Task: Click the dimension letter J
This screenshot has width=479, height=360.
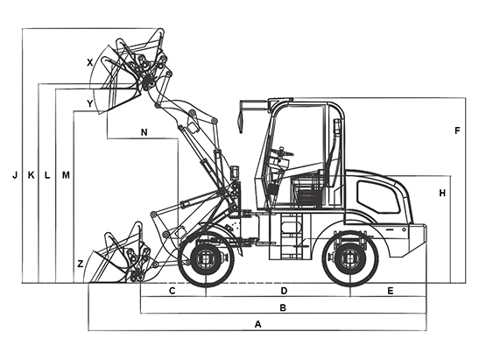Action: click(15, 175)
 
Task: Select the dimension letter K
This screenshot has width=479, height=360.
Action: click(31, 175)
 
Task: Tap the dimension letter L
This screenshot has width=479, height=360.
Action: click(47, 175)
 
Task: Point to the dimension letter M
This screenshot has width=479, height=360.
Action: click(66, 175)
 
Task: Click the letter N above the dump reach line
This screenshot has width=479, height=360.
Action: click(144, 132)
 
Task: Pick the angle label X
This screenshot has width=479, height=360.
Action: click(89, 63)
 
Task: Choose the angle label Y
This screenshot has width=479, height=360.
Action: click(89, 103)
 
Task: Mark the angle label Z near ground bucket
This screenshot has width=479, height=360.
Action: click(80, 264)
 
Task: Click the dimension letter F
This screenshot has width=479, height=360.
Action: click(457, 131)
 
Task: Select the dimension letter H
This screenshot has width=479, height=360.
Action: click(442, 194)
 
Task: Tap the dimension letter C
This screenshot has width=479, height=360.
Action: click(173, 291)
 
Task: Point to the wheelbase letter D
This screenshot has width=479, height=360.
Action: click(284, 291)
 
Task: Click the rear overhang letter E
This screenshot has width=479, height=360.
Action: click(390, 291)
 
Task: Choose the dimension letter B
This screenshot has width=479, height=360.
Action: click(283, 307)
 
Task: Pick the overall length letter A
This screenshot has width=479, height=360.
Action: click(258, 324)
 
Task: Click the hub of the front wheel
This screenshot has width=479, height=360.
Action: click(206, 258)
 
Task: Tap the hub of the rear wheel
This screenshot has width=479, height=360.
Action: click(350, 258)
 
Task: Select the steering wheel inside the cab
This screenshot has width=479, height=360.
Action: click(283, 152)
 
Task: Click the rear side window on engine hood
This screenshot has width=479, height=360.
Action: click(378, 197)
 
